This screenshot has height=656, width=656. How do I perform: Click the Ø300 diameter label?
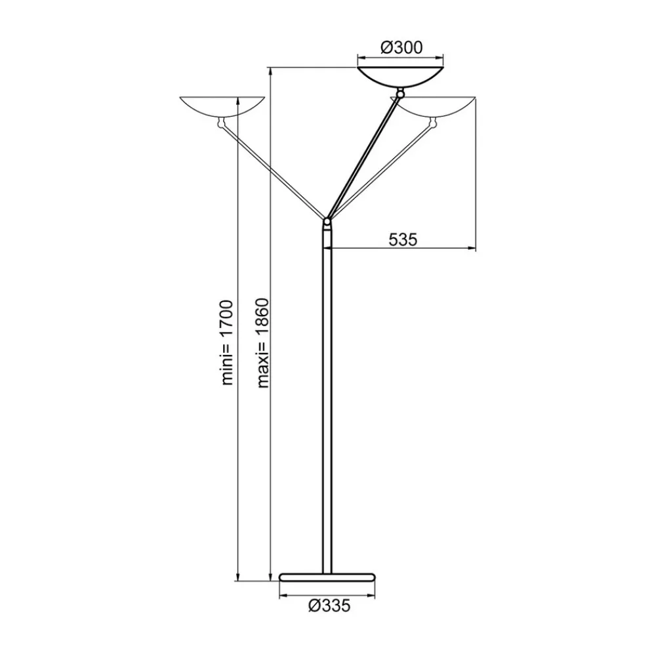point(401,47)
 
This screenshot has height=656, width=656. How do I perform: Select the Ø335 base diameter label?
point(327,606)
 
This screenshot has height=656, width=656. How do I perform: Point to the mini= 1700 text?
point(227,342)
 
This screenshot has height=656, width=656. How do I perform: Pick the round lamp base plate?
point(327,577)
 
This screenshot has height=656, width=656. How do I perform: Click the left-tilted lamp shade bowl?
point(222,106)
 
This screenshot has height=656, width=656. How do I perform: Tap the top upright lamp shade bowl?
point(401,74)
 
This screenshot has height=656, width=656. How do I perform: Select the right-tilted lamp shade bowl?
point(438,106)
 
